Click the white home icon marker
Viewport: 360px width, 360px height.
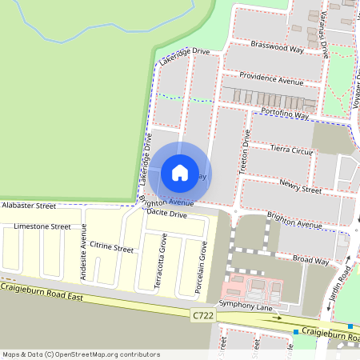point(180,172)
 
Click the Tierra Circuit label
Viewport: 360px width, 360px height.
point(291,150)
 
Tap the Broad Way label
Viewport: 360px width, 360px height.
point(310,260)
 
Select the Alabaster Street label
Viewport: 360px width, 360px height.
point(28,206)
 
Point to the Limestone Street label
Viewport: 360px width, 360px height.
point(42,226)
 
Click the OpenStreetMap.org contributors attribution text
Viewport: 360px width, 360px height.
point(114,354)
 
